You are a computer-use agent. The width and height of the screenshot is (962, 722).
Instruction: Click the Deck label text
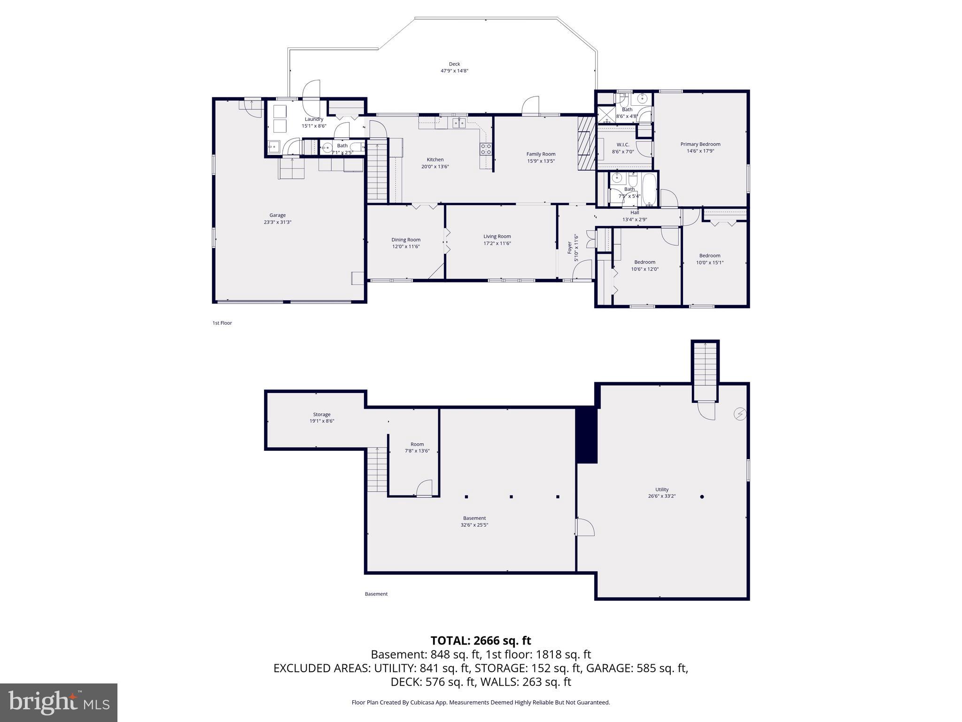coord(454,64)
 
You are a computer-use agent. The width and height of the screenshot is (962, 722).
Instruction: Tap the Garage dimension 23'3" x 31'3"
coord(277,222)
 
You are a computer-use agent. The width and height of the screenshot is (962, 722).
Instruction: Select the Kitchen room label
coord(435,160)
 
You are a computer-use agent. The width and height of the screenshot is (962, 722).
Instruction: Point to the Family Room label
coord(541,154)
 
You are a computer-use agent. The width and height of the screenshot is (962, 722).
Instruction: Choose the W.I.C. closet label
coord(623,145)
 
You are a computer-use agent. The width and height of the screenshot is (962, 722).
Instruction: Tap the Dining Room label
coord(406,240)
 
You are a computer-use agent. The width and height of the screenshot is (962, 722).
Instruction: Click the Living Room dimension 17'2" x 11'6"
coord(497,243)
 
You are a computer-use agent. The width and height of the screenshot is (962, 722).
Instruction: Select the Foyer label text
coord(570,247)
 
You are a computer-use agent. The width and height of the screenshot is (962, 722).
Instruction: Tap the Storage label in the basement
coord(322,415)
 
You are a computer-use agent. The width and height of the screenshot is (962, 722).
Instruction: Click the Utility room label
coord(662,489)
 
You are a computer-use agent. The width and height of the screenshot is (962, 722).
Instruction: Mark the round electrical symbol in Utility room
coord(740,414)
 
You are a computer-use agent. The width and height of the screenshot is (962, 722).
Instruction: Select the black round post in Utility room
coord(702,496)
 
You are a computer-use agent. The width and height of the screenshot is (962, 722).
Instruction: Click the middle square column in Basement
coord(511,496)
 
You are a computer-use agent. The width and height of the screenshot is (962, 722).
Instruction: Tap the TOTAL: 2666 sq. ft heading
coord(481,641)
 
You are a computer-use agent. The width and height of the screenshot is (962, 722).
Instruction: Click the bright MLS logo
coord(59,702)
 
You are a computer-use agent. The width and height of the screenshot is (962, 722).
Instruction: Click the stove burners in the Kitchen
coord(486,149)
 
